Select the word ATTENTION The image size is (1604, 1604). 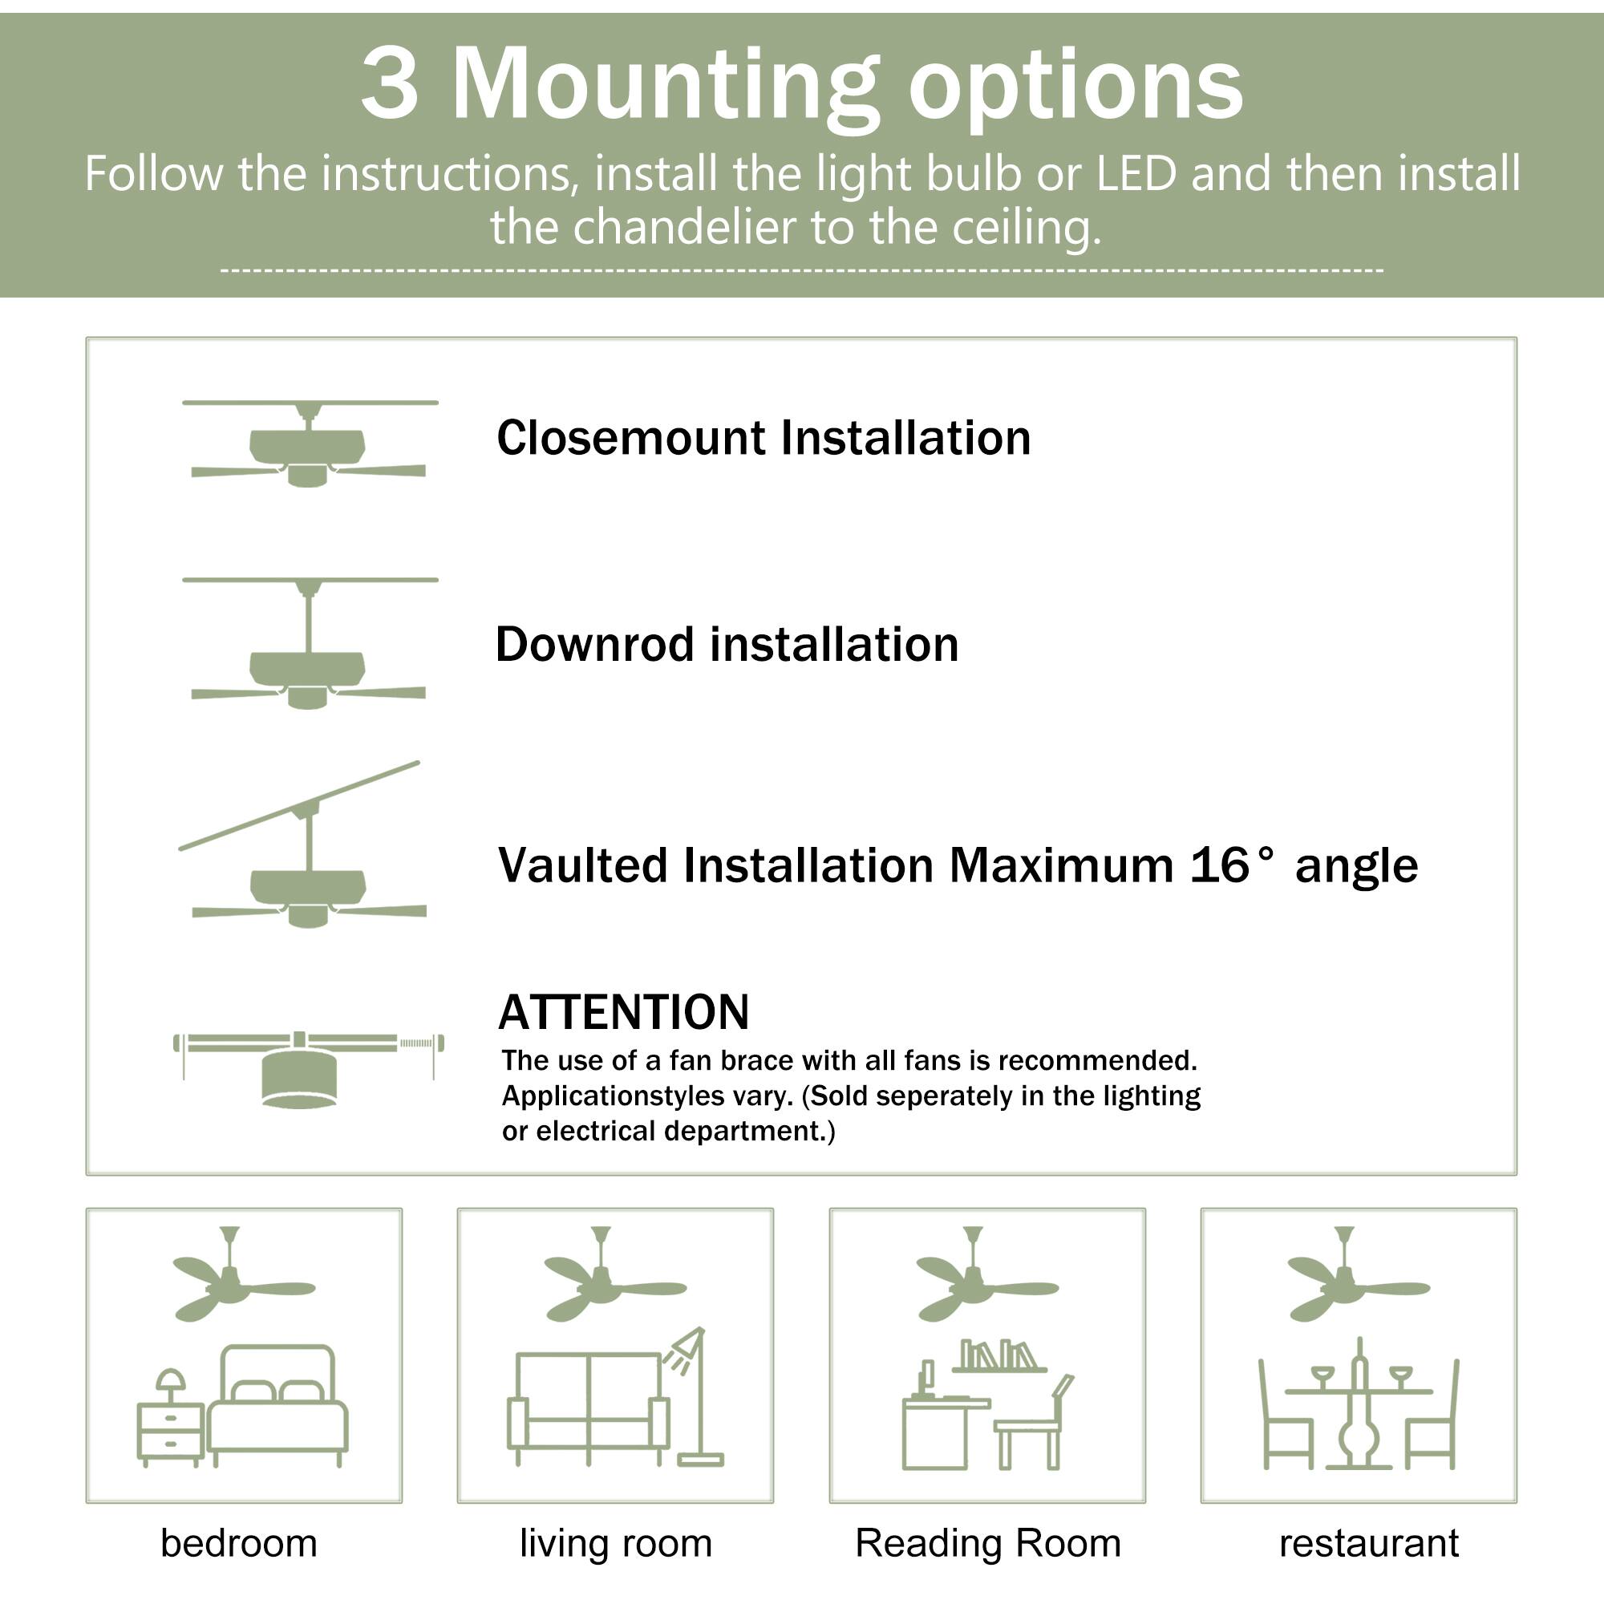coord(623,1012)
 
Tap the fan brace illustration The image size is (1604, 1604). coord(307,1067)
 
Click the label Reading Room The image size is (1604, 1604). coord(987,1543)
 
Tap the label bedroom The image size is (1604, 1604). coord(239,1543)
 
